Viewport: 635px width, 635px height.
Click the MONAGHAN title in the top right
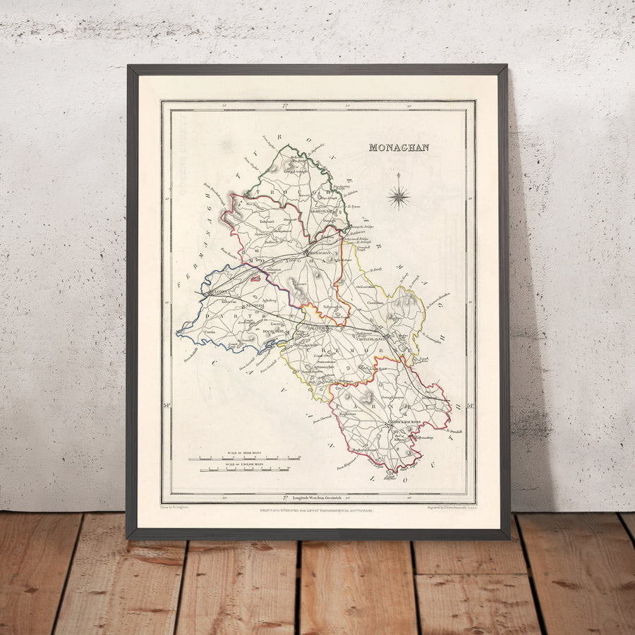[x=399, y=147]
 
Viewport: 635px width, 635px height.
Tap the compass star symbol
[x=399, y=195]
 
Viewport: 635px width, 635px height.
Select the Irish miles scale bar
[x=244, y=459]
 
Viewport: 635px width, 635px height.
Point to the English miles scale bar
[x=244, y=469]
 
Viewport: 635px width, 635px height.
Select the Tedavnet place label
[x=267, y=221]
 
